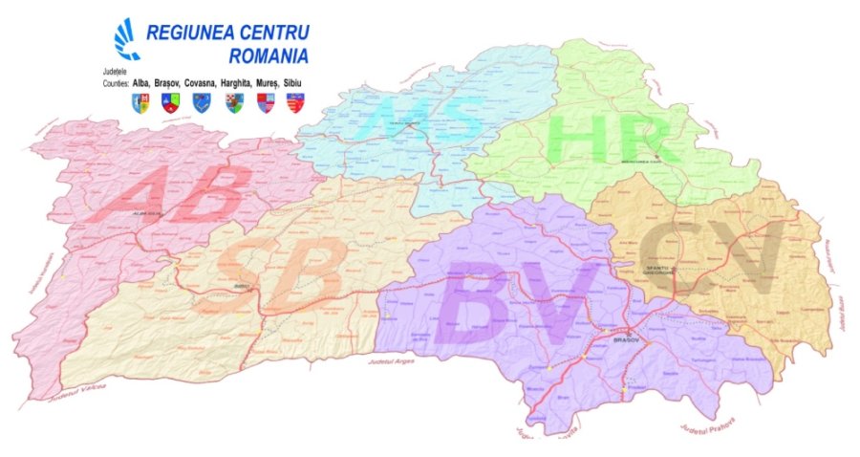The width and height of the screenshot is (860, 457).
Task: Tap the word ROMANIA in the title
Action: click(269, 55)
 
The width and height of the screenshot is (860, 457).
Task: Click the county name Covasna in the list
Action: click(203, 83)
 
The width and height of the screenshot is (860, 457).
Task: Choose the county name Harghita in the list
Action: click(243, 83)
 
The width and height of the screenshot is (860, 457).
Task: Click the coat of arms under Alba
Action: click(140, 99)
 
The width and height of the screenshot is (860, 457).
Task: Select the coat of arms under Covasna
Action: click(201, 99)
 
